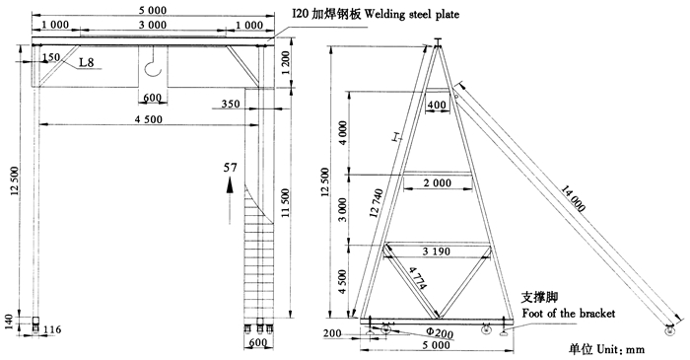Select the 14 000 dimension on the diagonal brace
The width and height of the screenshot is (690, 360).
click(x=573, y=199)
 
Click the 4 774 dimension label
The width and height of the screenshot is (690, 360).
click(x=418, y=278)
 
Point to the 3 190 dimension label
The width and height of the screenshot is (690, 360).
click(x=436, y=252)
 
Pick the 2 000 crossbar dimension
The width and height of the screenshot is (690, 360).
click(x=438, y=182)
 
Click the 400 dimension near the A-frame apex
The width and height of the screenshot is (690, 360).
click(x=437, y=106)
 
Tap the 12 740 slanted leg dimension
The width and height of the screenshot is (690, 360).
click(x=377, y=203)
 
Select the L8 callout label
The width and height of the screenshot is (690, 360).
click(x=87, y=62)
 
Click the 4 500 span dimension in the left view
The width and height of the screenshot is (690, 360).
click(x=148, y=119)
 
